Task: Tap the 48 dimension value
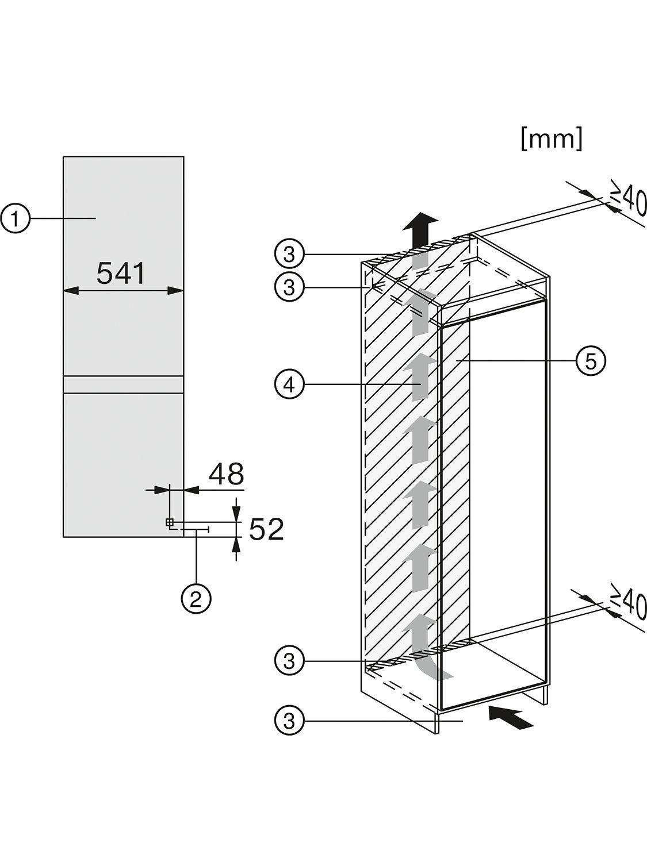click(x=226, y=474)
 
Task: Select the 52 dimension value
click(x=266, y=529)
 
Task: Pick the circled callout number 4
click(x=289, y=386)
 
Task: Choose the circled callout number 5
click(x=591, y=361)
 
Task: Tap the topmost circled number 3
click(x=289, y=255)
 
